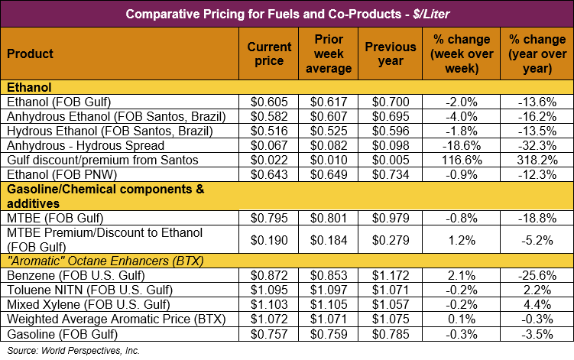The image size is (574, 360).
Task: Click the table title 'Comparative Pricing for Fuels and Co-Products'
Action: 287,14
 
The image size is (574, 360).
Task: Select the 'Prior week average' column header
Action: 332,54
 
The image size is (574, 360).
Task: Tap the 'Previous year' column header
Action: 390,54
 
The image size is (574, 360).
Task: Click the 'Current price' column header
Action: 269,54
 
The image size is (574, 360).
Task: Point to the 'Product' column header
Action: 30,54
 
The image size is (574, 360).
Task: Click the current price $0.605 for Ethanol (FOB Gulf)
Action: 269,102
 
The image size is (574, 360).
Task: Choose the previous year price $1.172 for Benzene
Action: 390,274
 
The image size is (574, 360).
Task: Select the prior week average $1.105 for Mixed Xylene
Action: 332,303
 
